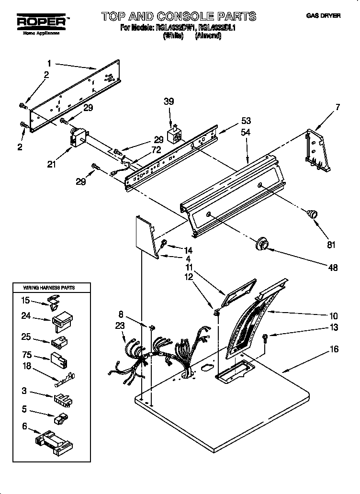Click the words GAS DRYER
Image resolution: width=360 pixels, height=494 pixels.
coord(323,16)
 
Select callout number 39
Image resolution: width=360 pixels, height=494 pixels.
coord(169,101)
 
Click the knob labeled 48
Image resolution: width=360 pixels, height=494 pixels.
coord(261,244)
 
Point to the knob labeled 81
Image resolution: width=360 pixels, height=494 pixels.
coord(312,214)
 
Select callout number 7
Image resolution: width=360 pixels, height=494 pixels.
coord(337,107)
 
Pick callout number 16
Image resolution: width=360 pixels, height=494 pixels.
coord(334,349)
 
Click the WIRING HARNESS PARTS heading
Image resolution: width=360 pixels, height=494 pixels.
coord(49,288)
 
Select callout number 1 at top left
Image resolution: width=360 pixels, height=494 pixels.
coord(49,62)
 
